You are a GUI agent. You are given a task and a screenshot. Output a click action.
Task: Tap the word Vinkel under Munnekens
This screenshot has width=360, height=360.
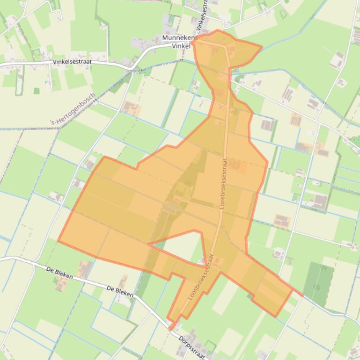pos(181,46)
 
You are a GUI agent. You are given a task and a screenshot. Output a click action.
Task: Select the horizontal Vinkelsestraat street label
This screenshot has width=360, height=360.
pos(72,61)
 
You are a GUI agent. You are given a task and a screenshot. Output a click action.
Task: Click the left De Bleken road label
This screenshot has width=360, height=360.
pos(60,273)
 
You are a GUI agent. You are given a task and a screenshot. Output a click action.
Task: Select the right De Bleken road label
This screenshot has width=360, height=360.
pos(120,291)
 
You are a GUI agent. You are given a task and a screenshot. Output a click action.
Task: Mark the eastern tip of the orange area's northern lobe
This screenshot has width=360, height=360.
pos(261,47)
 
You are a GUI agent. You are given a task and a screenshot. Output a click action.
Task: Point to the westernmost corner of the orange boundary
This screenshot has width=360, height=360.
pos(59,241)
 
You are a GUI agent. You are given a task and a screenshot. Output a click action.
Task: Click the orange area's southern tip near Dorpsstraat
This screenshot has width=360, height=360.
pos(170,329)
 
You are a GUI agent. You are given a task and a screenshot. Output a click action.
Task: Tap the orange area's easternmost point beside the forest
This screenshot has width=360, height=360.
pos(302,295)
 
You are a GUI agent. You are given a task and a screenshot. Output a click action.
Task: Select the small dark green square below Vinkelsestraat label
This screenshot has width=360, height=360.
pos(37,91)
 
